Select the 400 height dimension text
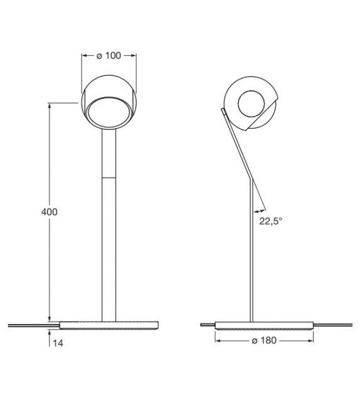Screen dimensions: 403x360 49,212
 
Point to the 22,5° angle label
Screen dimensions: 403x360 270,220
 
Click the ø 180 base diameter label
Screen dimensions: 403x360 263,340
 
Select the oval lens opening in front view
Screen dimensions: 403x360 109,114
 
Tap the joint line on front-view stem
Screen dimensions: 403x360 109,178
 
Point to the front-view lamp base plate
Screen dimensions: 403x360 109,325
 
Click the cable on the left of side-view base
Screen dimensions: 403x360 207,325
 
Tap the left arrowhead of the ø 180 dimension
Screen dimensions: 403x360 218,340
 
